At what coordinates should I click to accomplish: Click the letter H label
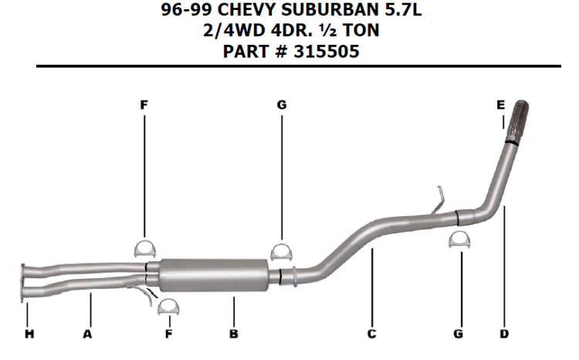pyautogui.click(x=29, y=335)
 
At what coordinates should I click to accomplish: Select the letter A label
pyautogui.click(x=87, y=335)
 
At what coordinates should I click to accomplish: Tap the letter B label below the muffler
pyautogui.click(x=234, y=335)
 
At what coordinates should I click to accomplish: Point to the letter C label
pyautogui.click(x=372, y=335)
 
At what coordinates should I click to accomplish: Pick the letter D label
pyautogui.click(x=504, y=335)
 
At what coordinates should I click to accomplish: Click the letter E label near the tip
pyautogui.click(x=501, y=105)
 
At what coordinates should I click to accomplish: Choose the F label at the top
pyautogui.click(x=144, y=105)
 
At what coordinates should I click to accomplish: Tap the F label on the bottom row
pyautogui.click(x=169, y=335)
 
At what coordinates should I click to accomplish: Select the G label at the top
pyautogui.click(x=282, y=105)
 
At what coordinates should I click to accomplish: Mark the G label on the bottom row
pyautogui.click(x=459, y=335)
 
